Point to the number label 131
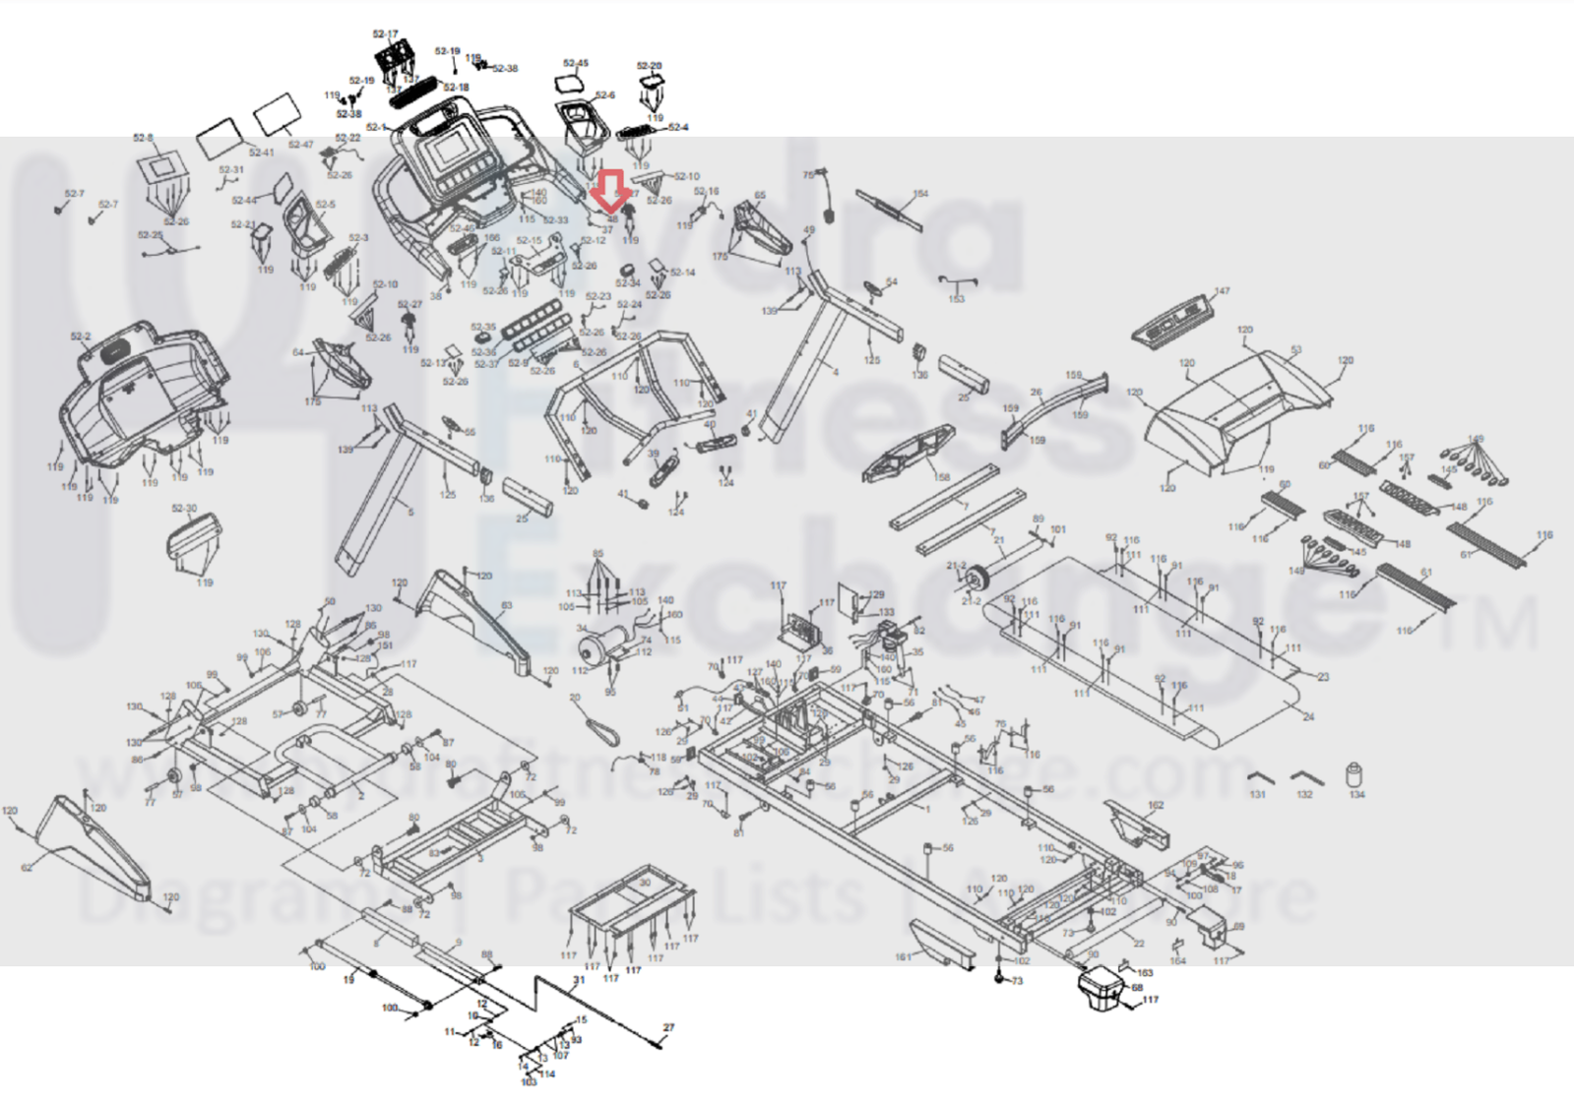[1257, 795]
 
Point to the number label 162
[1156, 805]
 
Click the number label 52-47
[300, 145]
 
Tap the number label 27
[668, 1028]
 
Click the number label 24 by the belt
[1308, 716]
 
